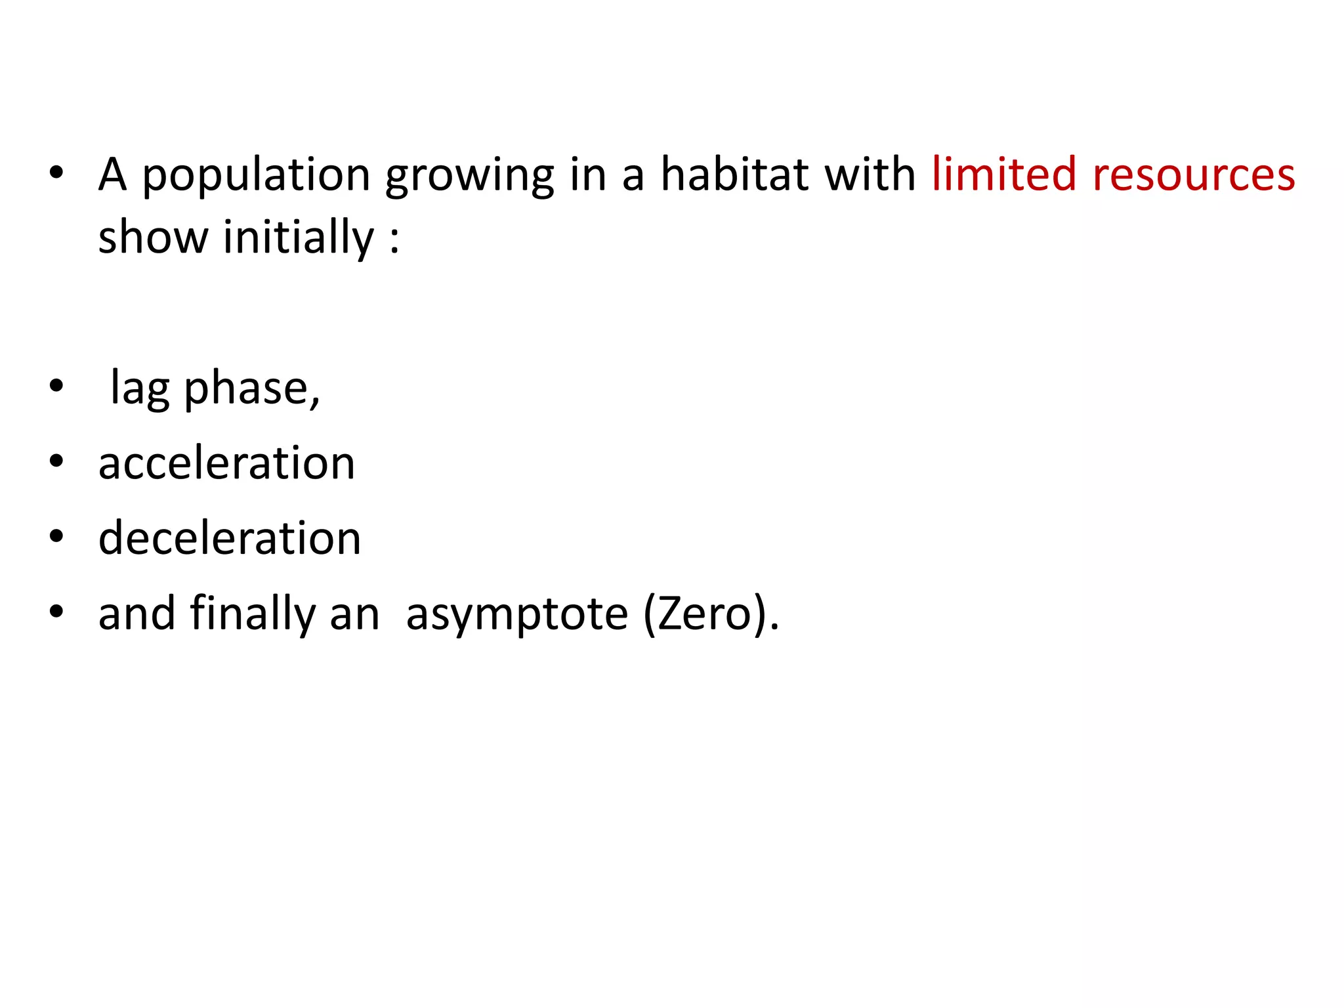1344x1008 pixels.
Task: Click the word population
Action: click(x=257, y=175)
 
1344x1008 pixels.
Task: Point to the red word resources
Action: click(x=1194, y=175)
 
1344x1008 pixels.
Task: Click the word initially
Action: click(x=299, y=237)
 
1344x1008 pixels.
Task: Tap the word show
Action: click(x=153, y=237)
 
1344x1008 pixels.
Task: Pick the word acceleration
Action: click(x=226, y=463)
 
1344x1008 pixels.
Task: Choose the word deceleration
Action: click(x=230, y=538)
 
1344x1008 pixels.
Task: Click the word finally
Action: click(x=253, y=614)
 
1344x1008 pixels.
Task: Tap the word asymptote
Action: click(x=516, y=615)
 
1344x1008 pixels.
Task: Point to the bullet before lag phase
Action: click(x=56, y=387)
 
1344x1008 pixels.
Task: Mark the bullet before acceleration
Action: click(x=56, y=461)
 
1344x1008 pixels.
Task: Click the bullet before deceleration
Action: click(x=56, y=536)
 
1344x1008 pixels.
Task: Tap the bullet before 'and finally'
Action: click(x=56, y=612)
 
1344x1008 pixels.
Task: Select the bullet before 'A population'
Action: click(x=56, y=173)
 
